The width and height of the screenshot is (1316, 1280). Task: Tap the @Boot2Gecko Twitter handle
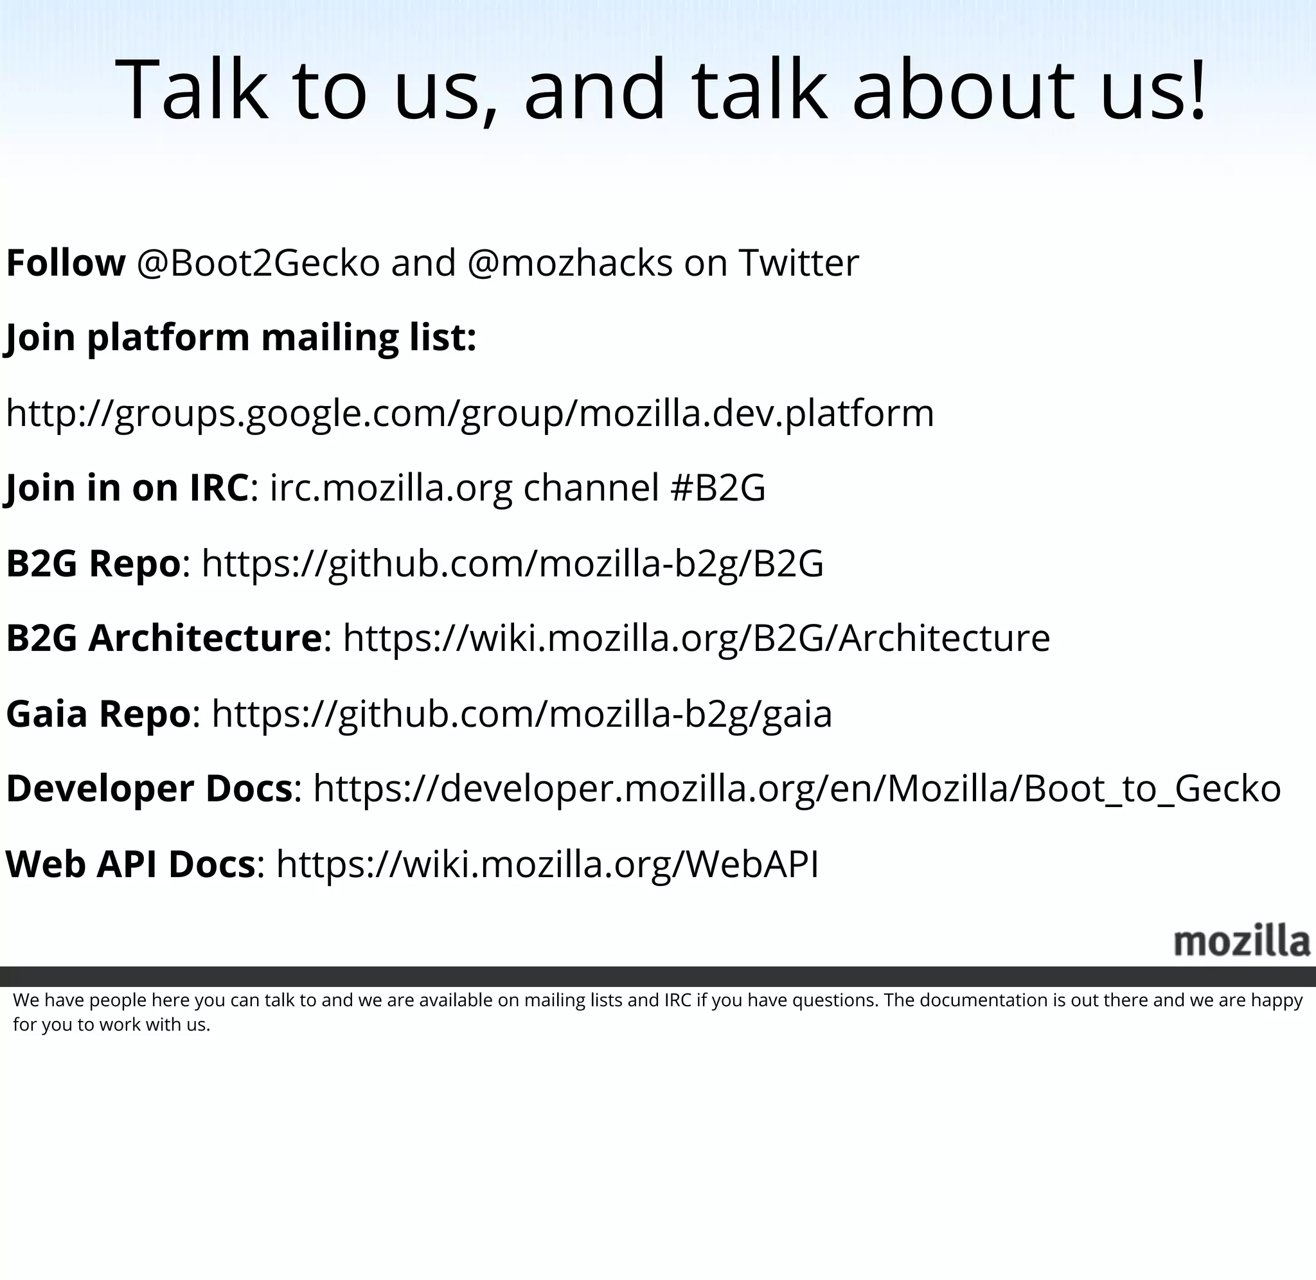[258, 263]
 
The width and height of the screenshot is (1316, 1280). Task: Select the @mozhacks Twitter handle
[569, 263]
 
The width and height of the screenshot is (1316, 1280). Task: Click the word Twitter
[799, 263]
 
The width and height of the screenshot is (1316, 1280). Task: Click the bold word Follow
[65, 263]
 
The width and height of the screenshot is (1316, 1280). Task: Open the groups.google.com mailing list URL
[470, 413]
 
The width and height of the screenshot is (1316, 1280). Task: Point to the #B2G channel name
[718, 488]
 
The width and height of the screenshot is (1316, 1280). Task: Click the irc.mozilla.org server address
[391, 488]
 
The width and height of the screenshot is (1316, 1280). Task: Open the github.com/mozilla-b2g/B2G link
[512, 564]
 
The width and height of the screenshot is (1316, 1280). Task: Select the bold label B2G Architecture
[163, 638]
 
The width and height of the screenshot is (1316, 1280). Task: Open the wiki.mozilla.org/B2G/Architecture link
[697, 638]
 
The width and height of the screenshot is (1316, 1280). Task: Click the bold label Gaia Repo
[98, 713]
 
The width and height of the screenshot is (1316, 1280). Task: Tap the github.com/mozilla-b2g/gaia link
[522, 713]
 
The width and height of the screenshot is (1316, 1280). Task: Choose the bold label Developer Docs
[149, 788]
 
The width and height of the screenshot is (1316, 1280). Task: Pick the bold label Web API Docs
[130, 864]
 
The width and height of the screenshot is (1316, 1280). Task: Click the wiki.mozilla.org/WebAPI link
[547, 864]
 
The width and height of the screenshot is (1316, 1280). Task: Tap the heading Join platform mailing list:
[240, 337]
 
